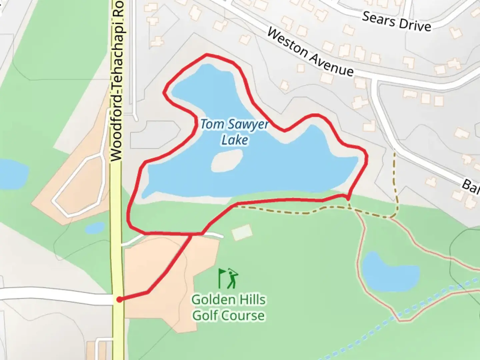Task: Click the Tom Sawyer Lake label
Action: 234,132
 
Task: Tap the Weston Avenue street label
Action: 310,53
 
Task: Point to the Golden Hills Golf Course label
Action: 229,307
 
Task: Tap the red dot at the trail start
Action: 119,300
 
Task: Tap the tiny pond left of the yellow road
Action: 95,228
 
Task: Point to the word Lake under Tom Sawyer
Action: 235,140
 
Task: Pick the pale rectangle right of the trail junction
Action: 242,232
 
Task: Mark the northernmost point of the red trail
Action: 207,54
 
